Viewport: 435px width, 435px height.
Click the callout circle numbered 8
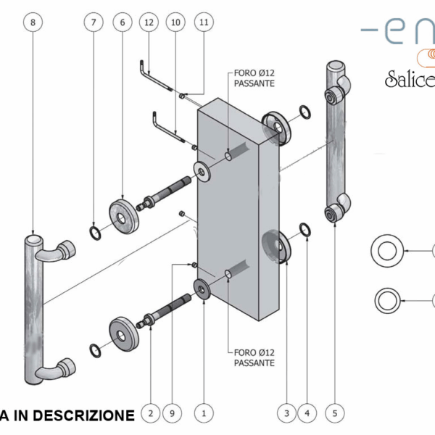33,22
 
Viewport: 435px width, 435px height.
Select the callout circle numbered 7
93,22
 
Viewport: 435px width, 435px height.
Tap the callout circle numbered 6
122,22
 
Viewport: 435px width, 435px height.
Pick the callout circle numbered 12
149,22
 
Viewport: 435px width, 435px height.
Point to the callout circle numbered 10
175,22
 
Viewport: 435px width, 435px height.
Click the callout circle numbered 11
204,22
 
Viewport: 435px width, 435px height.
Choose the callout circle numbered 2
150,414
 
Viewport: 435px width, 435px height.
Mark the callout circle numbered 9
172,414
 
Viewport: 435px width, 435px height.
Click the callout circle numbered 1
204,414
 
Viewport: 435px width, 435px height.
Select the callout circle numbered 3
286,414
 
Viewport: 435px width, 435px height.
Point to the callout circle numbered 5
335,414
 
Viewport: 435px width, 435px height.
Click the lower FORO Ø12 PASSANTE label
254,357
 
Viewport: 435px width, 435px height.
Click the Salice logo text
409,78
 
